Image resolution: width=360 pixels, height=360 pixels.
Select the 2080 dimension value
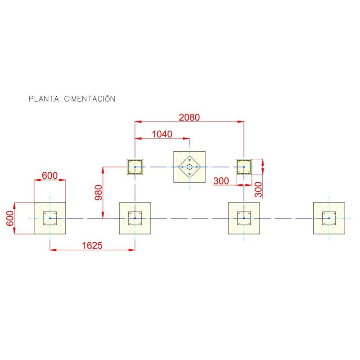coord(189,117)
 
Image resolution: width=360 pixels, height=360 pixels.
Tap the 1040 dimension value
coord(162,134)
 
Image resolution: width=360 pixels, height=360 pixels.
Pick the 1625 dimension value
coord(92,245)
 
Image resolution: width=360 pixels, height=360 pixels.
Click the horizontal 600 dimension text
coord(49,175)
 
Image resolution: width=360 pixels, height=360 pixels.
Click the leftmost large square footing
coord(50,218)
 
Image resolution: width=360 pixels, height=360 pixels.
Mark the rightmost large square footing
coord(329,218)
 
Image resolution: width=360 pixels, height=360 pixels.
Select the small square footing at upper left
coord(135,167)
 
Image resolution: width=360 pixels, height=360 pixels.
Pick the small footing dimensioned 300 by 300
coord(244,167)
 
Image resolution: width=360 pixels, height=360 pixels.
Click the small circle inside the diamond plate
coord(189,167)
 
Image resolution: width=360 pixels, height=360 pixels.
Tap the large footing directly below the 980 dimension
coord(135,218)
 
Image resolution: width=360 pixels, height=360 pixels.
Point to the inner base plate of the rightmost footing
coord(329,218)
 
